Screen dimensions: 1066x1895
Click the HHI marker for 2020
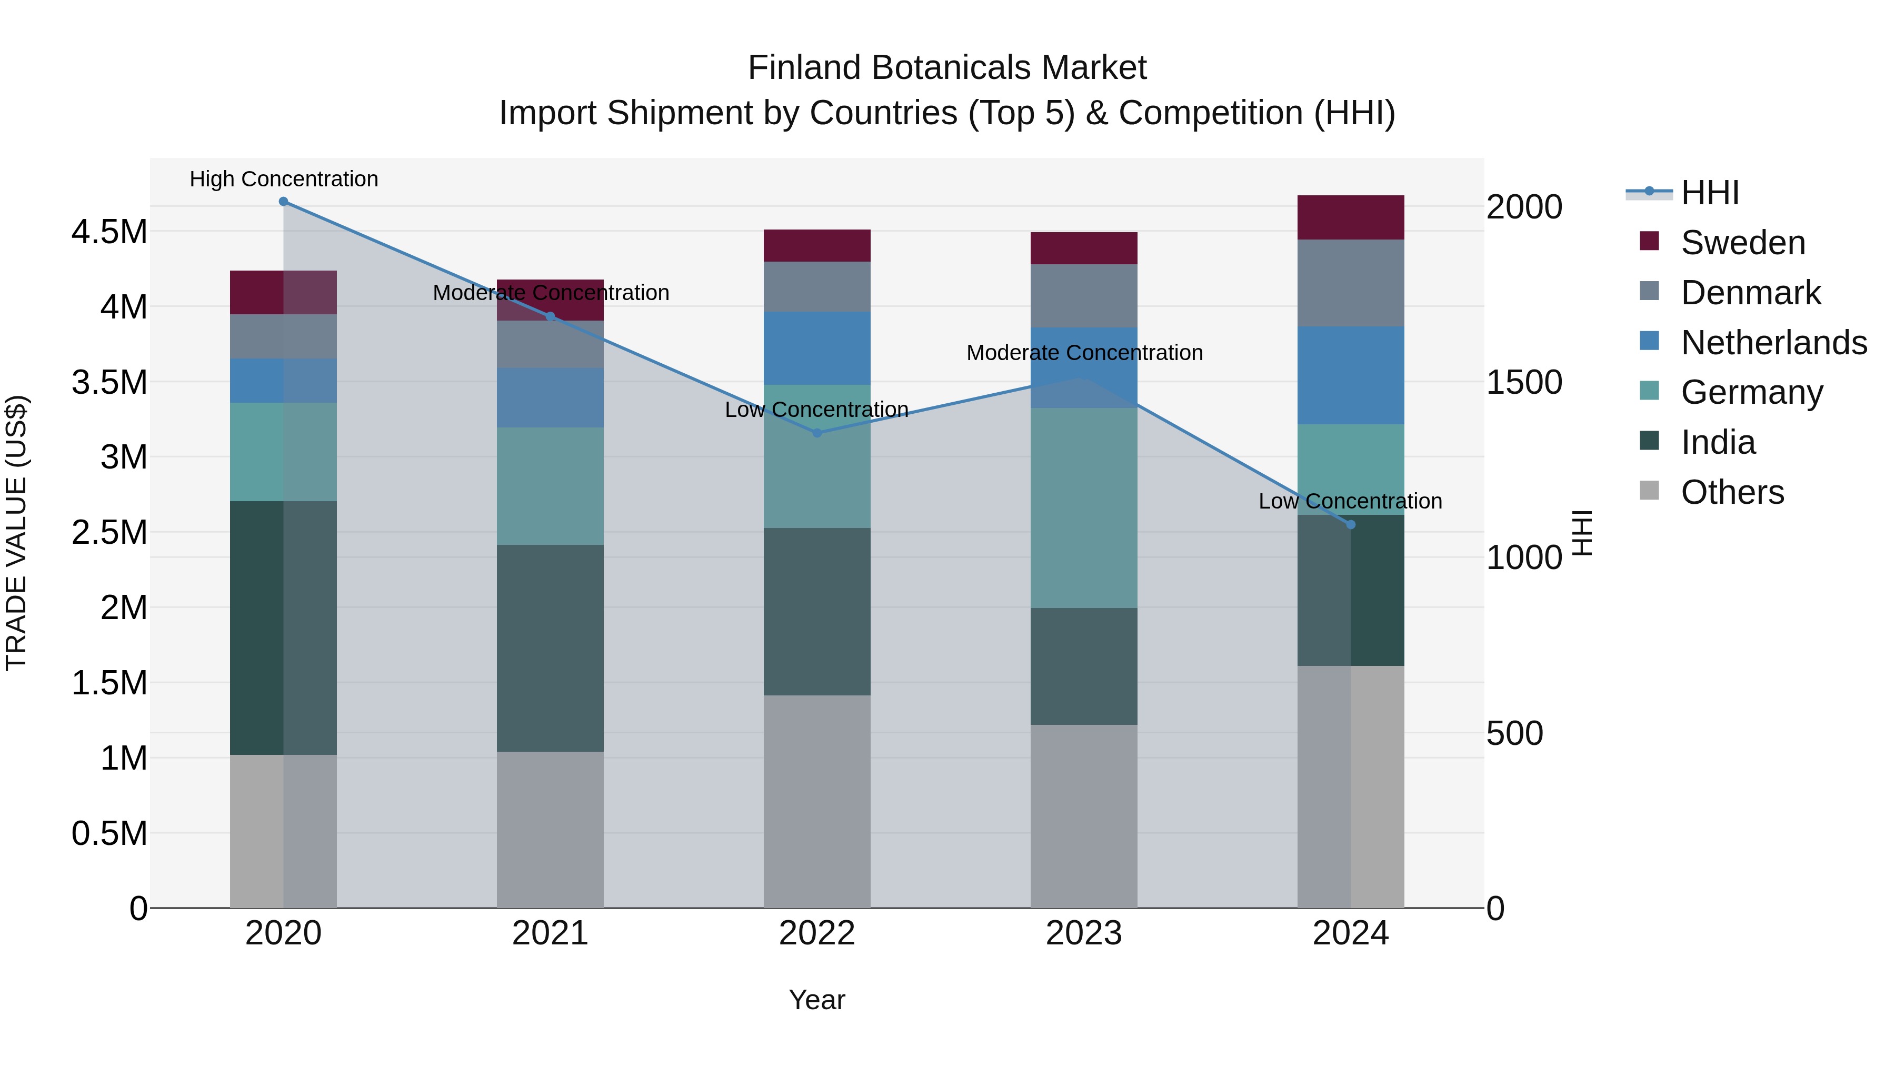(x=283, y=202)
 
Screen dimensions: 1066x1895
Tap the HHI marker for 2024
(x=1351, y=524)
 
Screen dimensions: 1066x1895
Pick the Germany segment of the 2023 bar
(x=1084, y=507)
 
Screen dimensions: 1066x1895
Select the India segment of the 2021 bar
(x=550, y=647)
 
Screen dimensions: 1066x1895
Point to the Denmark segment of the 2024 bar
(x=1351, y=283)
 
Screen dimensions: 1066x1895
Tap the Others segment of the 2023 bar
(x=1084, y=816)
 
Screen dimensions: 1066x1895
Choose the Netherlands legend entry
(x=1773, y=343)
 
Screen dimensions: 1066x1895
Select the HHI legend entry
(x=1710, y=193)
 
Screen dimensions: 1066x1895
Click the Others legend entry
(x=1732, y=492)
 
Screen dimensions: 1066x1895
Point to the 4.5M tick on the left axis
(x=109, y=232)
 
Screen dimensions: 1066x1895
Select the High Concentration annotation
(x=284, y=180)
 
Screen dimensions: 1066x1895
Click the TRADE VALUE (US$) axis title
(x=16, y=533)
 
